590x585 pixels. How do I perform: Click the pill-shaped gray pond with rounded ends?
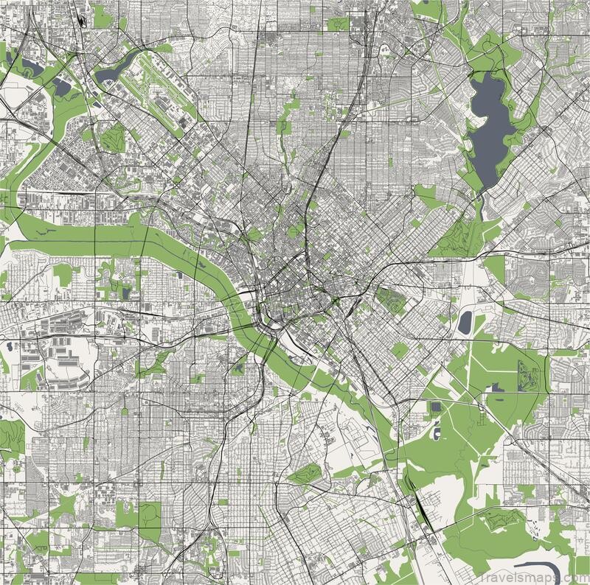coord(465,322)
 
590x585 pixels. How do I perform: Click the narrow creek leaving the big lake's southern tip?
coord(480,206)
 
